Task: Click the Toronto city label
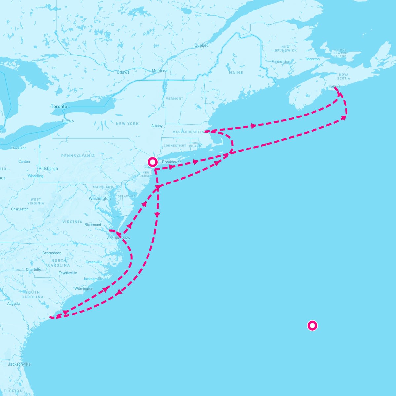click(x=59, y=106)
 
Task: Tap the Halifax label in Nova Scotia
click(x=334, y=87)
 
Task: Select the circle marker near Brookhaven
click(x=153, y=162)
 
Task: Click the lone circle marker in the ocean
click(x=312, y=326)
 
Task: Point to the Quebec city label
click(x=201, y=45)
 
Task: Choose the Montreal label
click(x=160, y=71)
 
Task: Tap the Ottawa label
click(x=123, y=72)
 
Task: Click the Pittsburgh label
click(x=48, y=169)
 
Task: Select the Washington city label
click(x=100, y=199)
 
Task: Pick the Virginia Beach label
click(x=118, y=238)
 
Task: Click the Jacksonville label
click(x=19, y=364)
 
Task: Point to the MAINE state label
click(x=236, y=73)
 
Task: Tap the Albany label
click(x=157, y=126)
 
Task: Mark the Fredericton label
click(x=281, y=62)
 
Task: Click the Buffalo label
click(x=68, y=121)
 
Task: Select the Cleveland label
click(x=18, y=148)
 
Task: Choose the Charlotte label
click(x=34, y=269)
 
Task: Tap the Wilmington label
click(x=84, y=289)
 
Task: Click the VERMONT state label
click(x=175, y=99)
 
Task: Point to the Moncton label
click(x=313, y=59)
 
